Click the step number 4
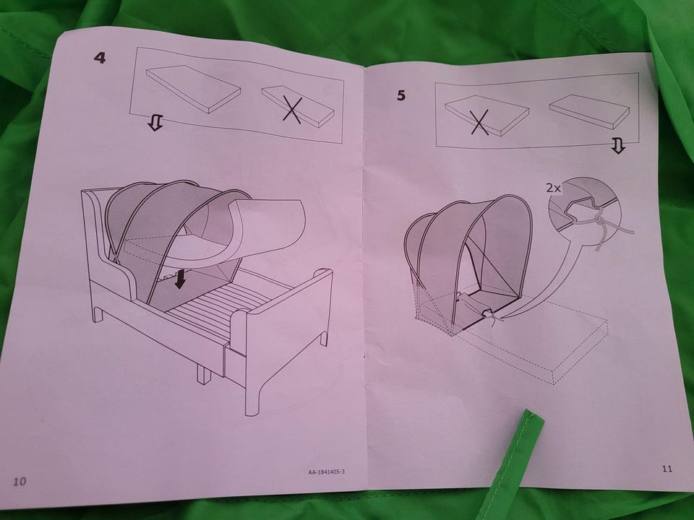100,58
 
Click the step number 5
401,95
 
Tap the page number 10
20,481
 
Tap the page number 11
667,468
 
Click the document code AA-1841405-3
326,472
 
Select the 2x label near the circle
553,188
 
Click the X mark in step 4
293,110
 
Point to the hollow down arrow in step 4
155,123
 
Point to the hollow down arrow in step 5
618,145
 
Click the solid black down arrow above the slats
180,279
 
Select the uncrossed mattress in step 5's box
583,112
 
